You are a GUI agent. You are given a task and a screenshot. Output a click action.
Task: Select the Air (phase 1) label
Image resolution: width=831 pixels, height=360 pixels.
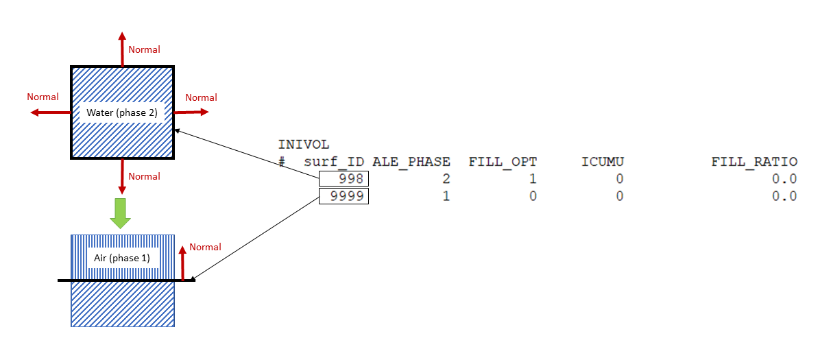(x=122, y=259)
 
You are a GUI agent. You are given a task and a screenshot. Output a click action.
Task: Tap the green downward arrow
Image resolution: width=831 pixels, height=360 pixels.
(x=121, y=213)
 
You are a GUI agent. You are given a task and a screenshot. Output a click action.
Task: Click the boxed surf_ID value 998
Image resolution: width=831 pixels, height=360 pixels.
(x=344, y=179)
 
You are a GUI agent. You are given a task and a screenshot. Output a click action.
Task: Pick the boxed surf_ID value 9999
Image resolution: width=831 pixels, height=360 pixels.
(x=344, y=197)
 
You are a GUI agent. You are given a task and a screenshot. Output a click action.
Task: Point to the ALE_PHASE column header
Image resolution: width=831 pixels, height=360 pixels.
(x=411, y=163)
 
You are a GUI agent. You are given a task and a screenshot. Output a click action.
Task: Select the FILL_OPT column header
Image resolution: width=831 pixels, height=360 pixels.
(x=503, y=163)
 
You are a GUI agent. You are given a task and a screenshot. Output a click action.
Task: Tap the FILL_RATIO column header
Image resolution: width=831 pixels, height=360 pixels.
(x=754, y=163)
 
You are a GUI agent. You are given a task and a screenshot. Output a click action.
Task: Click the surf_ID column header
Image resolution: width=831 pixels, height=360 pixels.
(x=335, y=163)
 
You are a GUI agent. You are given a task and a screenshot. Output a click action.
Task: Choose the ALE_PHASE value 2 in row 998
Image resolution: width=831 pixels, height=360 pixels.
(x=446, y=179)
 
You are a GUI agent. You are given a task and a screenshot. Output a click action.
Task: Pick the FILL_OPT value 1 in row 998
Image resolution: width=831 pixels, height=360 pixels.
(x=533, y=179)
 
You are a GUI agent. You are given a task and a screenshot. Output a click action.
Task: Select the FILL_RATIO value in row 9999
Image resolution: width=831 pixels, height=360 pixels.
(x=784, y=197)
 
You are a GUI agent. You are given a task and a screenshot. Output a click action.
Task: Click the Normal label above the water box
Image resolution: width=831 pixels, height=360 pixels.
(x=144, y=49)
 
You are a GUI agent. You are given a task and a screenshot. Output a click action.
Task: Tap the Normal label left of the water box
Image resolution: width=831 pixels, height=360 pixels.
(x=43, y=97)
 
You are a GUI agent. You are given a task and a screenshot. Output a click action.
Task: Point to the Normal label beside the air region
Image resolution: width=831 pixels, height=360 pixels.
(x=205, y=247)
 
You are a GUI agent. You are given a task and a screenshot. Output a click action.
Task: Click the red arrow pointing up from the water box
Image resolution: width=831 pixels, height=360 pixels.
(x=122, y=48)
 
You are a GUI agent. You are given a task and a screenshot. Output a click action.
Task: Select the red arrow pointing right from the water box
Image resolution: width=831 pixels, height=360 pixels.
(x=195, y=111)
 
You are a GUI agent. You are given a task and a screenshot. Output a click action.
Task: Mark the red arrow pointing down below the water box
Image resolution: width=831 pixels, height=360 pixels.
(x=122, y=176)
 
